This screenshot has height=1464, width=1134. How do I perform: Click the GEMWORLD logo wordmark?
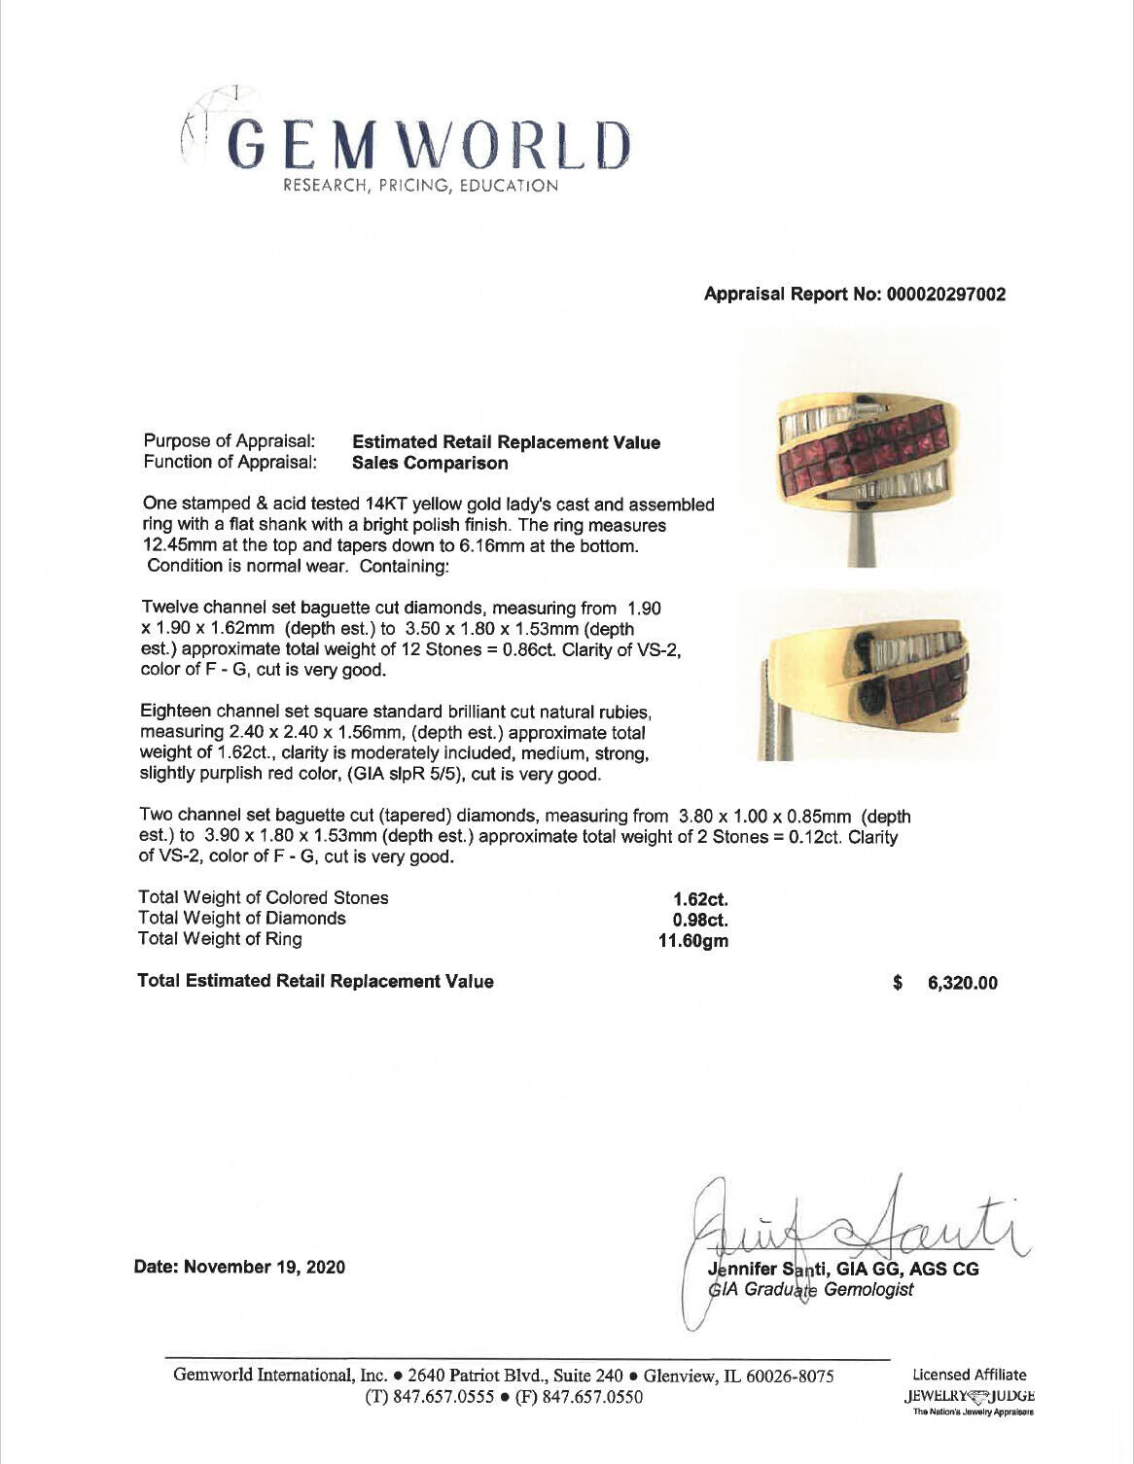coord(428,144)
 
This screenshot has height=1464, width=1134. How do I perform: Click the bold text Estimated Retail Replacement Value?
coord(506,443)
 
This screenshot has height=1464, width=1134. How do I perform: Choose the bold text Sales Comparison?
coord(430,464)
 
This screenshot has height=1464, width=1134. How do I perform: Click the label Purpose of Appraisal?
coord(230,442)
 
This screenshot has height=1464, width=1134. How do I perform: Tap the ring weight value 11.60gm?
coord(693,941)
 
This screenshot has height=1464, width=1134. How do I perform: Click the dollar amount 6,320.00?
coord(962,983)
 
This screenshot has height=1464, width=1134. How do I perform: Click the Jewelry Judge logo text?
coord(969,1396)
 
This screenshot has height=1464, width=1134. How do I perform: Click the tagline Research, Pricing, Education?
coord(420,186)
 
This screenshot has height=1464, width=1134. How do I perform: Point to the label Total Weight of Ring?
coord(220,939)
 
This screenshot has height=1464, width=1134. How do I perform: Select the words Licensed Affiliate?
coord(969,1375)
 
